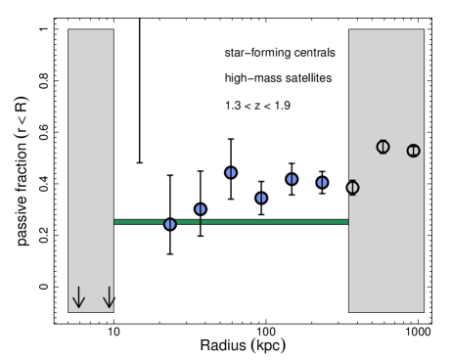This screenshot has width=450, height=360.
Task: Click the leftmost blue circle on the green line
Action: tap(170, 224)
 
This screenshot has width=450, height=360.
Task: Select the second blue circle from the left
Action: tap(201, 209)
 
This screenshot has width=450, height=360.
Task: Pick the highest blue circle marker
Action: tap(231, 172)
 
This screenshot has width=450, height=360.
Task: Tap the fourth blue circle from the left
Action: tap(261, 198)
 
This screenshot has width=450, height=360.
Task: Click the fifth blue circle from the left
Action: tap(292, 179)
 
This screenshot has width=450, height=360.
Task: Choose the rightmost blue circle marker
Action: tap(322, 182)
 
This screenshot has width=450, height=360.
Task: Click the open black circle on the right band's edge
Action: tap(352, 188)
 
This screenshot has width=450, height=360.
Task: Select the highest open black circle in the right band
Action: tap(382, 147)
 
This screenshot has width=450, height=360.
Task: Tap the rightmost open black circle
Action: tap(413, 151)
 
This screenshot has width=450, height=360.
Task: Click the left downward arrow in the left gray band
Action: tap(79, 296)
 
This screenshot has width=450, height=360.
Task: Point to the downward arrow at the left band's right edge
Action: tap(109, 296)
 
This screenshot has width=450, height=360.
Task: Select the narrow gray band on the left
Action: tap(90, 147)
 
